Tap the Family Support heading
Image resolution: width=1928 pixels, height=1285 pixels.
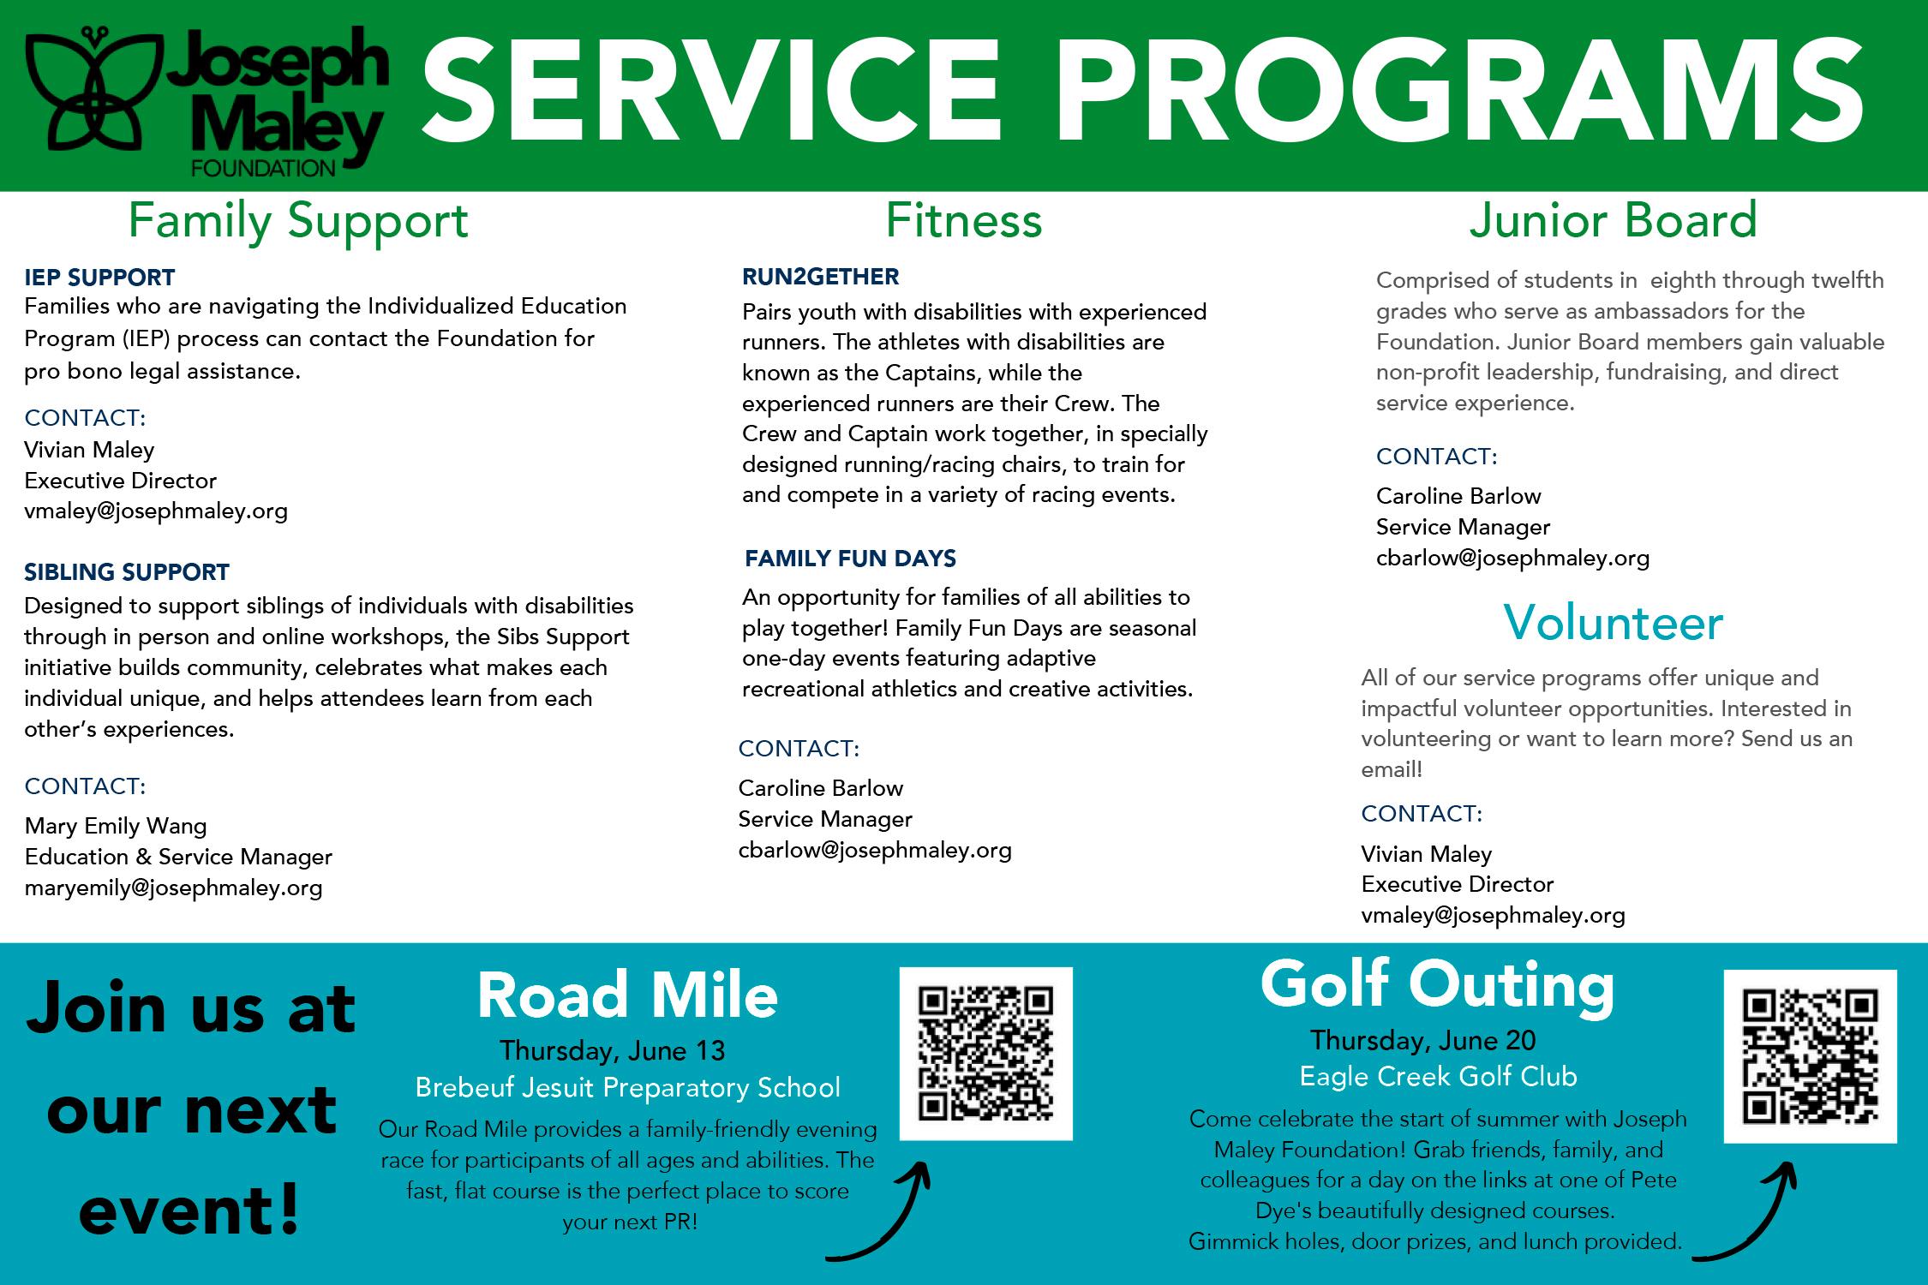(298, 221)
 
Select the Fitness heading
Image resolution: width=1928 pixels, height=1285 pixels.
(963, 220)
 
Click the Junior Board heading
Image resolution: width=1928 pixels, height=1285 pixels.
(1613, 220)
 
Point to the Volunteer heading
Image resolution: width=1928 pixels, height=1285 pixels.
(1613, 623)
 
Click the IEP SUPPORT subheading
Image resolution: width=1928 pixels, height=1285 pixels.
(99, 278)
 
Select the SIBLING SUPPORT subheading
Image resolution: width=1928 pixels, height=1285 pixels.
(127, 571)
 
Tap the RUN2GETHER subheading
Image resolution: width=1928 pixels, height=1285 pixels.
(820, 277)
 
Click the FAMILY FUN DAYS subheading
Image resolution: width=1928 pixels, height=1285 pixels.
(850, 559)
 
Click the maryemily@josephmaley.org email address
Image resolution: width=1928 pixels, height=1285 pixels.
(173, 888)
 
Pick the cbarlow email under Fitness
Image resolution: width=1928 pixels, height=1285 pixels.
(875, 850)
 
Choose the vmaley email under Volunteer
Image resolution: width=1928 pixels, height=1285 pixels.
(1493, 915)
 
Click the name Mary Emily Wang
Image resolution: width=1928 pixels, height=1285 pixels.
(116, 826)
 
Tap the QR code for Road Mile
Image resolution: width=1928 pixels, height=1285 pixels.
(985, 1054)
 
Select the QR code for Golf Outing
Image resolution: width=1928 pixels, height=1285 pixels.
(1810, 1056)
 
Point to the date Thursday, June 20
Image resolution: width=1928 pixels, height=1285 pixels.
(1422, 1040)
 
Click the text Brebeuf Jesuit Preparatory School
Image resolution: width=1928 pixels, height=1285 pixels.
(627, 1087)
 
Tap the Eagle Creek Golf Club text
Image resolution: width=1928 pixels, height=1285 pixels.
(1438, 1076)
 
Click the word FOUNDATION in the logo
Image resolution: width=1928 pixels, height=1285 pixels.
(263, 167)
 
